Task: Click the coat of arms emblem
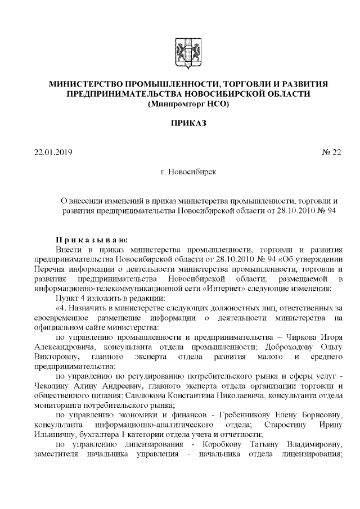(183, 51)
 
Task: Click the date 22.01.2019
(53, 152)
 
